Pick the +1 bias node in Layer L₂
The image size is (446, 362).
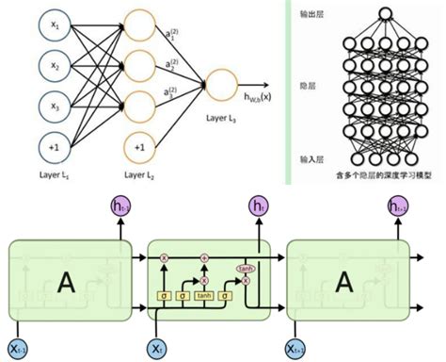click(138, 147)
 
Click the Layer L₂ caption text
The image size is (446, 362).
click(138, 175)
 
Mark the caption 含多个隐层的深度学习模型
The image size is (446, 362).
click(382, 174)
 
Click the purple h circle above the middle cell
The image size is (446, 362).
click(257, 206)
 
